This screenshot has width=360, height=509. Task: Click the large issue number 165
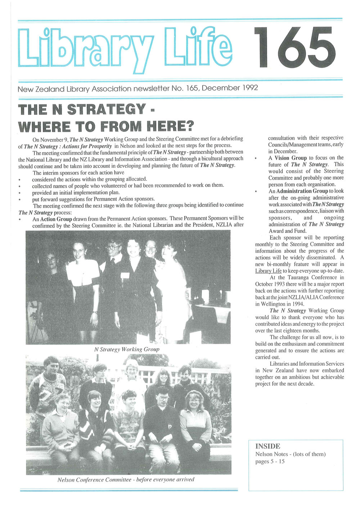[294, 48]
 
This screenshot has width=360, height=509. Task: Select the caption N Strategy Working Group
[126, 349]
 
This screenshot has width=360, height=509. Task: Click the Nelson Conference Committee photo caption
[126, 479]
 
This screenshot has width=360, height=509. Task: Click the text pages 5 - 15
[270, 461]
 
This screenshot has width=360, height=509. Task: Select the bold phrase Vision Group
[291, 158]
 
